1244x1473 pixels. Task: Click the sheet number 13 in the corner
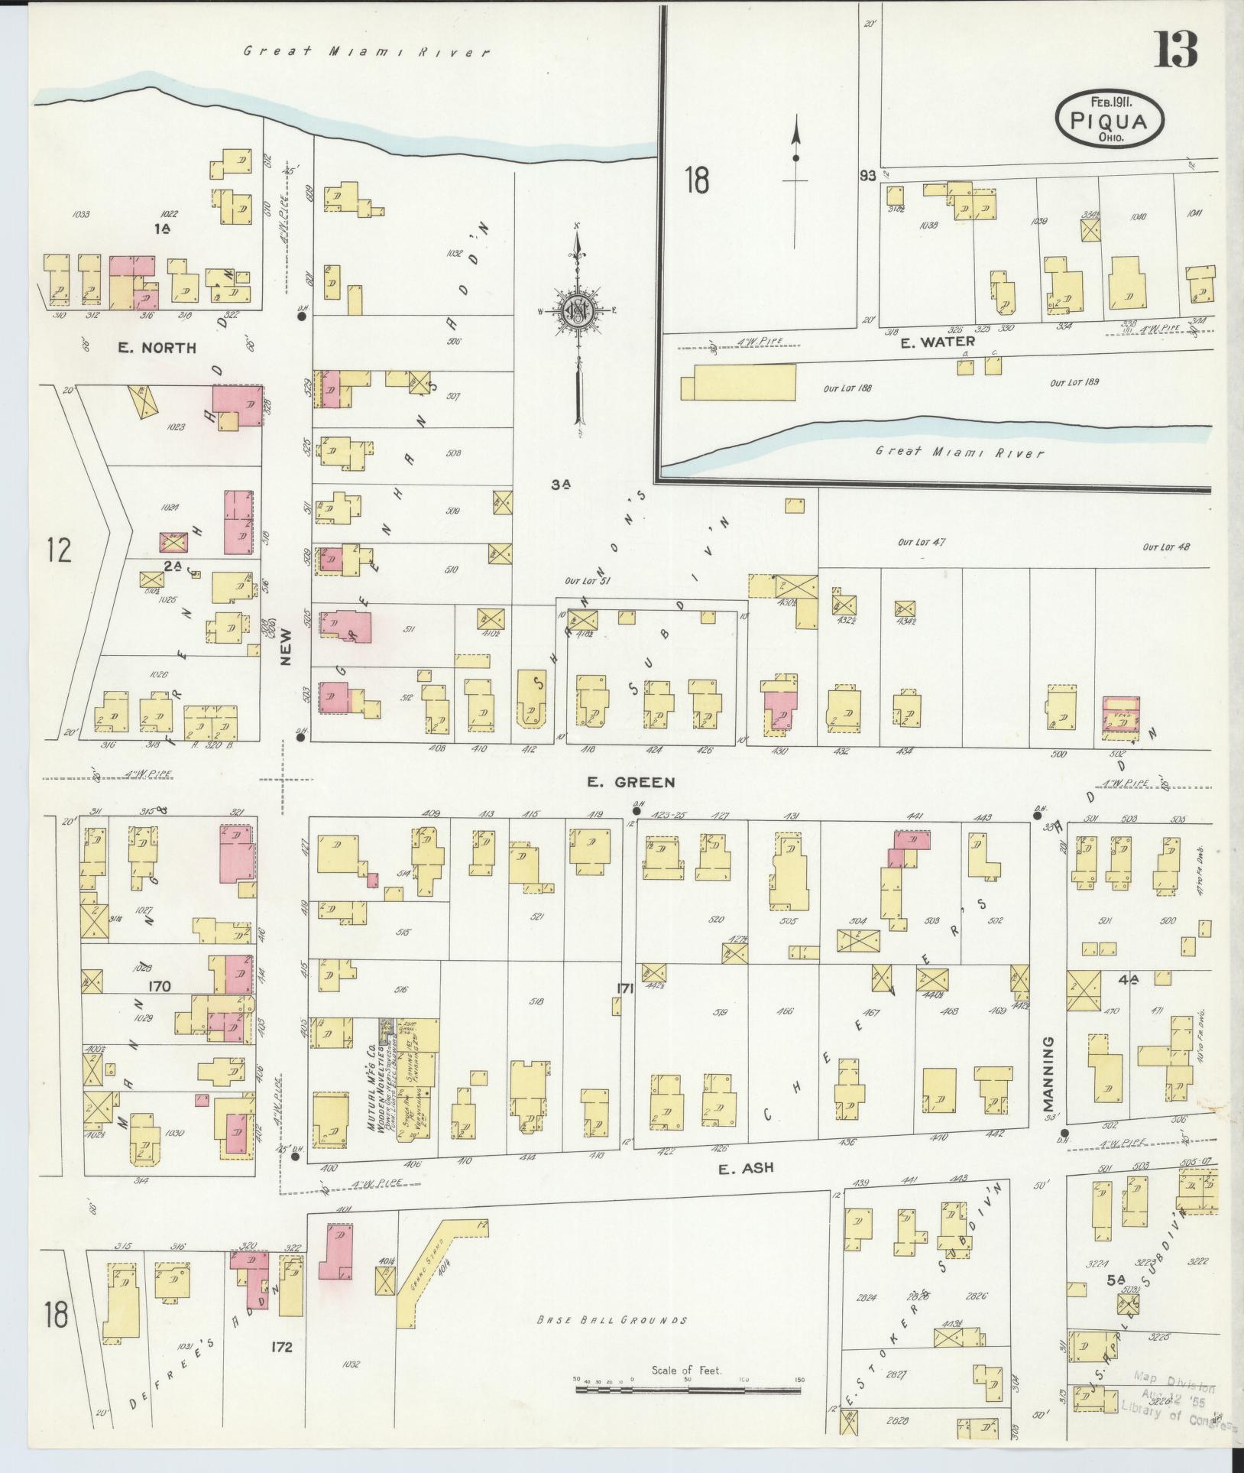1176,50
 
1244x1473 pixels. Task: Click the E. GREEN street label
630,782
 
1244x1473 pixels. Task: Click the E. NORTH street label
157,348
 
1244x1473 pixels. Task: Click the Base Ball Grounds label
612,1320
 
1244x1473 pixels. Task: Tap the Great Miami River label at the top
366,52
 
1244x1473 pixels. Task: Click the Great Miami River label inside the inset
959,453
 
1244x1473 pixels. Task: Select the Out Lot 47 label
922,542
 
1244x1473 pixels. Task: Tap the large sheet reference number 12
58,550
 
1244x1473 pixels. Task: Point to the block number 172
281,1368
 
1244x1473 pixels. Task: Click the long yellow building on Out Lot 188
744,381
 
